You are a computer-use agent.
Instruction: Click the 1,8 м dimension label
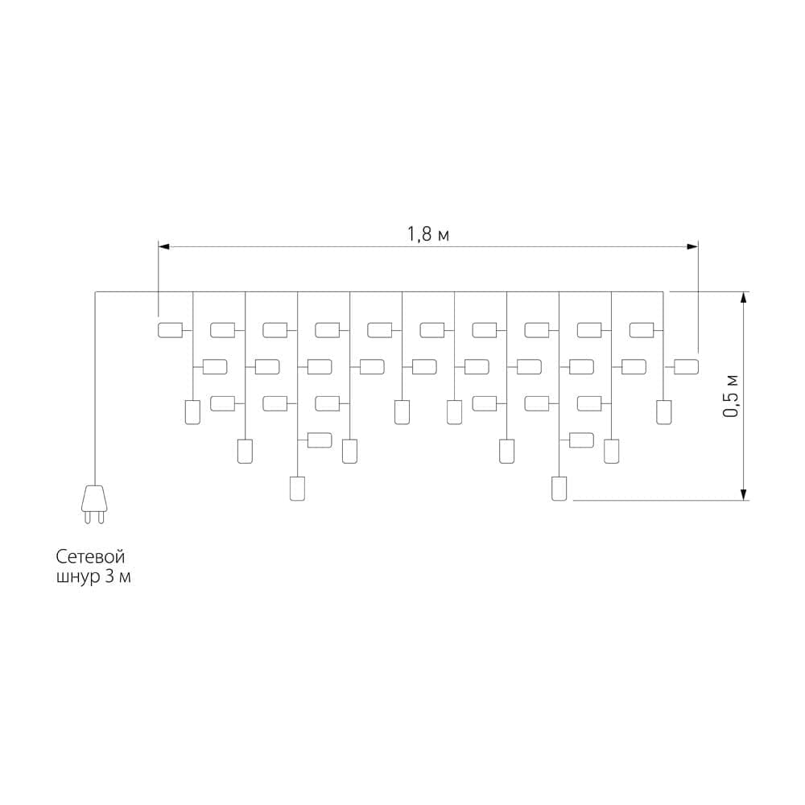(x=428, y=234)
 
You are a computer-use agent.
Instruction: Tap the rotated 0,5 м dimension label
(x=730, y=396)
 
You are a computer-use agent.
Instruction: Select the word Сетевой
(x=90, y=556)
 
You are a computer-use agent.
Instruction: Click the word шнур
(x=78, y=577)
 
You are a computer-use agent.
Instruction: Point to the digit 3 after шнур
(x=109, y=576)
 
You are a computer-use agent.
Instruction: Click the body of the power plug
(x=94, y=497)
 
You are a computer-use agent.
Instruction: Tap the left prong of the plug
(x=87, y=517)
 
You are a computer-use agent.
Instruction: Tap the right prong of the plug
(x=101, y=517)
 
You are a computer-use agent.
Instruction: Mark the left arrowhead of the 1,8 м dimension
(x=163, y=247)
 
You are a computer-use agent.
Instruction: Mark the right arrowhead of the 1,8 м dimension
(x=692, y=247)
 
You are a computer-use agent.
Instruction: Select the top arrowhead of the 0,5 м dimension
(x=743, y=298)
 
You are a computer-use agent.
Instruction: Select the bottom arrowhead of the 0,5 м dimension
(x=743, y=494)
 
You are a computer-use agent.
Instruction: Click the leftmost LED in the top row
(x=171, y=330)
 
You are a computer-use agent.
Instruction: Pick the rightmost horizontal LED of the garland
(x=686, y=366)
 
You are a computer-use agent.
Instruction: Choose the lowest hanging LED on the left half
(x=297, y=489)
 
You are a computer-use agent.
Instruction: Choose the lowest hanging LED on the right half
(x=559, y=489)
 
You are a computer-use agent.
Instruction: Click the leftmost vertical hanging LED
(x=192, y=412)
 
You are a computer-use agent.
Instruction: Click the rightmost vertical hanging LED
(x=664, y=412)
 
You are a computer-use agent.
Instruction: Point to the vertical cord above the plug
(x=95, y=389)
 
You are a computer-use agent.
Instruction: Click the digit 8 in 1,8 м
(x=426, y=234)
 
